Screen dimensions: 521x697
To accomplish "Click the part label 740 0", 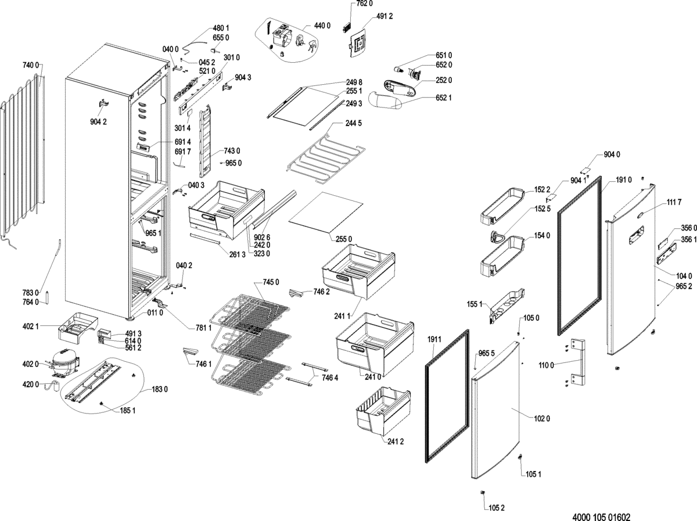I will pos(31,64).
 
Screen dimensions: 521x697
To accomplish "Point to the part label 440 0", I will pos(322,26).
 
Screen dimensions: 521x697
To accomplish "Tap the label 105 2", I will pos(496,508).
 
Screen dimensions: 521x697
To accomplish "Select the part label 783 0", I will pos(31,292).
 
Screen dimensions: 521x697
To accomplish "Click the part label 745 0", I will pos(271,282).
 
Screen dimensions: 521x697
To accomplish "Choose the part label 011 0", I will pos(153,312).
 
